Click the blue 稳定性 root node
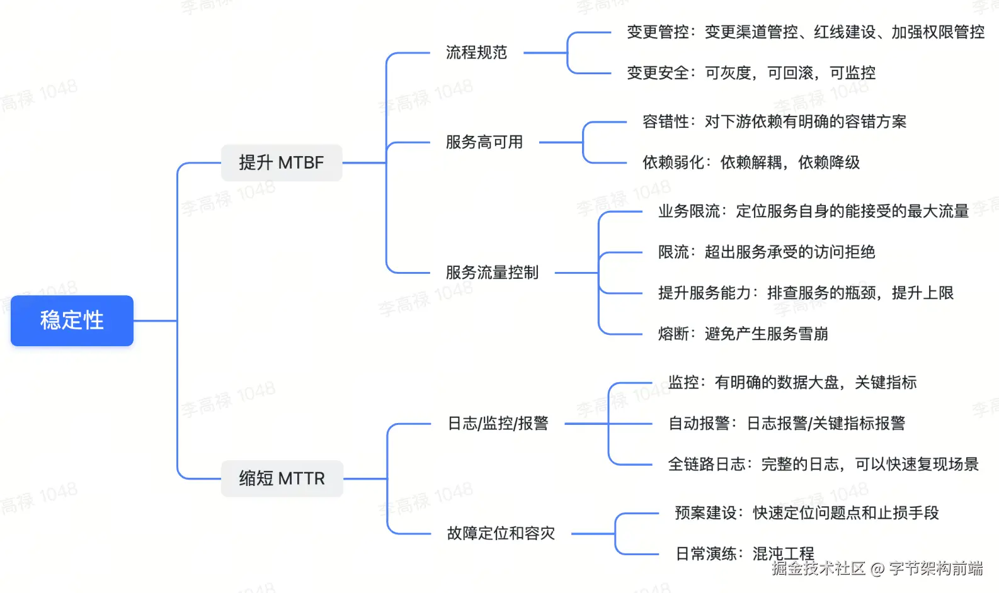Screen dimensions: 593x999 [x=72, y=320]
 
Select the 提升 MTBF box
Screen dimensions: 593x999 [x=281, y=162]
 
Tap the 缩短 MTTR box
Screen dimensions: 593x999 [x=282, y=478]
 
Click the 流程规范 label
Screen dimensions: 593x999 [x=476, y=52]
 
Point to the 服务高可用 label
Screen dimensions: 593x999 [x=484, y=142]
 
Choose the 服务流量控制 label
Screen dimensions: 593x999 [x=492, y=273]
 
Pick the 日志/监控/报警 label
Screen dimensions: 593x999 [x=498, y=424]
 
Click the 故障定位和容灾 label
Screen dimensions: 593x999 [x=501, y=533]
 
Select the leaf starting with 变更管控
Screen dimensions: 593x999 [x=805, y=32]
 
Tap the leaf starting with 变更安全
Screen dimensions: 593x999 [x=751, y=73]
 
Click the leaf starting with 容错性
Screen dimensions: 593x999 [x=774, y=121]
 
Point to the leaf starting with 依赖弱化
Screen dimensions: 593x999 [x=751, y=162]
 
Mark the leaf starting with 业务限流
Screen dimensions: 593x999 [x=813, y=211]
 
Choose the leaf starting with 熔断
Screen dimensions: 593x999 [x=743, y=334]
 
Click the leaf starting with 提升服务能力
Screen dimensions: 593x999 [x=806, y=293]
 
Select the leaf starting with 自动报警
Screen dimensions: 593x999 [x=787, y=423]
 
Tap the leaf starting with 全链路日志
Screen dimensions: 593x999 [x=823, y=464]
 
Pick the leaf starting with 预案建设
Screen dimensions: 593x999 [x=806, y=513]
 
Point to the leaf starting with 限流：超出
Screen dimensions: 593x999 [x=767, y=252]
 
